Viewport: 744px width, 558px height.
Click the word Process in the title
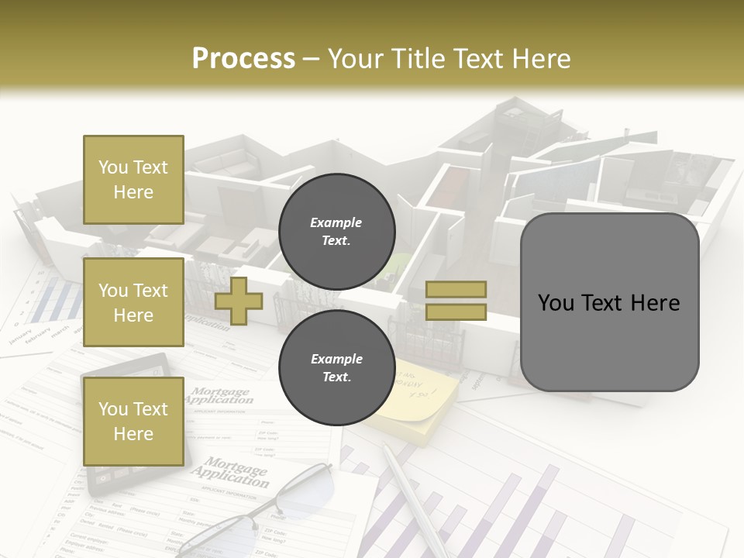point(243,58)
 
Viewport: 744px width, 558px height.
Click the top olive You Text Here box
point(133,180)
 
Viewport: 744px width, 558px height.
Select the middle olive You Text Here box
point(133,302)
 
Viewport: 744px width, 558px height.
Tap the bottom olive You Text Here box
point(133,421)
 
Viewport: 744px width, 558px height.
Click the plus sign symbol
point(239,301)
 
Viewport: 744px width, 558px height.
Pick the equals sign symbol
point(456,301)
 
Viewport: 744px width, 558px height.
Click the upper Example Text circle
point(336,232)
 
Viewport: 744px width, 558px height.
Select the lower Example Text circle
point(336,368)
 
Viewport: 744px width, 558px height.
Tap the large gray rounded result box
point(609,302)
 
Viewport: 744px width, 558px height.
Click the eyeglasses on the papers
point(256,511)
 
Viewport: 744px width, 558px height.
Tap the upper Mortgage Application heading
point(221,396)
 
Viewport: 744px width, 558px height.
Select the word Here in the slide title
point(540,58)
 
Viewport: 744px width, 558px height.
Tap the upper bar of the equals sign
point(456,290)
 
